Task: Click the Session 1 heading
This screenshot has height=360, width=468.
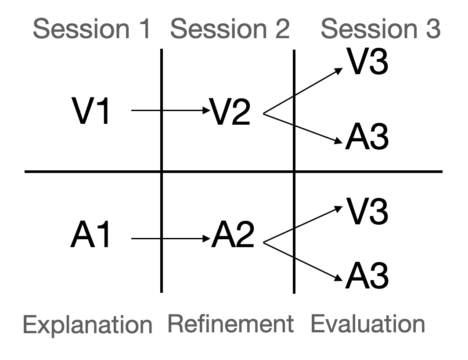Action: (92, 29)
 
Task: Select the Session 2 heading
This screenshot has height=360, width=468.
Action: (230, 29)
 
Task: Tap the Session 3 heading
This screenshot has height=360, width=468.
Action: (380, 29)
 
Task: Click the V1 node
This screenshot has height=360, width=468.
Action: (91, 112)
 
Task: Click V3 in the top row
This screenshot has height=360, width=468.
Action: (367, 63)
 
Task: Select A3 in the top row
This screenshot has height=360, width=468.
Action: (367, 138)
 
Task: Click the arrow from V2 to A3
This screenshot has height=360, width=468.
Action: (303, 128)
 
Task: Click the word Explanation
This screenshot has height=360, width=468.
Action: (87, 325)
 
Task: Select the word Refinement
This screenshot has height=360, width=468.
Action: (230, 324)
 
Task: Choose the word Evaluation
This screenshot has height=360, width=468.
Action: (368, 324)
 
